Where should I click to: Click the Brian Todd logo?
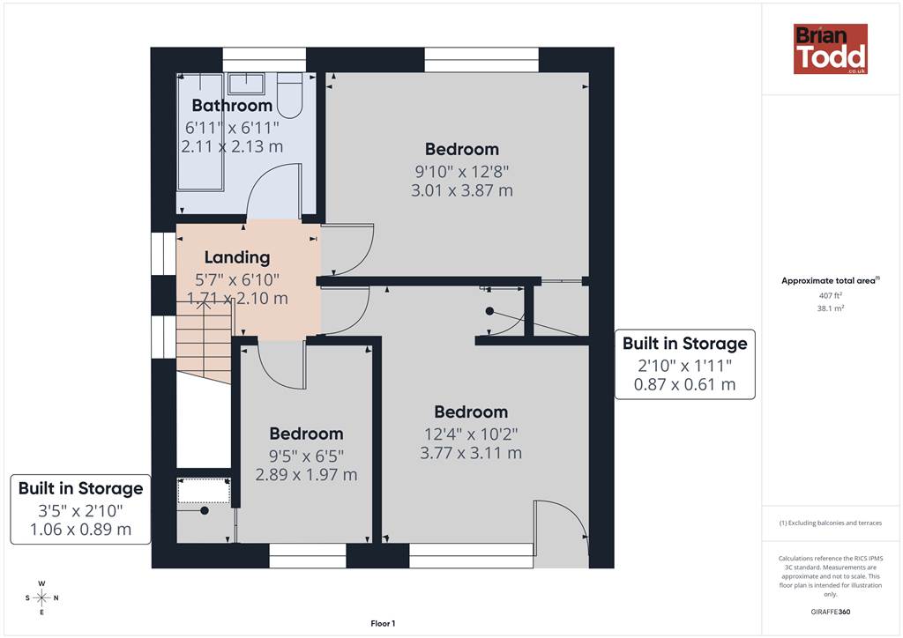click(831, 48)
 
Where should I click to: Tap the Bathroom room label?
click(232, 105)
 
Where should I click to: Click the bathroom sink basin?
click(247, 84)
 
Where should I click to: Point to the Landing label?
click(237, 257)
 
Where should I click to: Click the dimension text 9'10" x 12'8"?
click(462, 172)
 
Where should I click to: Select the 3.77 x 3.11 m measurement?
click(471, 453)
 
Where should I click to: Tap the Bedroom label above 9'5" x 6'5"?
click(306, 434)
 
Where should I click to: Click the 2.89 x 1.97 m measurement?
click(306, 475)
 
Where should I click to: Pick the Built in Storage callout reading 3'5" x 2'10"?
click(80, 509)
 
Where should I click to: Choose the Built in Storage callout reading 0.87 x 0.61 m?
click(684, 364)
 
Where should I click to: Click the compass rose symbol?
click(42, 597)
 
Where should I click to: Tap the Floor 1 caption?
click(383, 624)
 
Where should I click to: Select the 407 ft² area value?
click(831, 295)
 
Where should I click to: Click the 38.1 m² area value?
click(831, 308)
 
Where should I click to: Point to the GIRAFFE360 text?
click(831, 612)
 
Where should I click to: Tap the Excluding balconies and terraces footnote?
click(831, 523)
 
